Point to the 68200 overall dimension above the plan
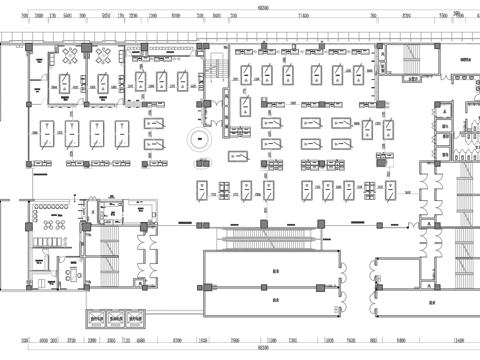[262, 8]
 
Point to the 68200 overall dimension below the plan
[262, 349]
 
